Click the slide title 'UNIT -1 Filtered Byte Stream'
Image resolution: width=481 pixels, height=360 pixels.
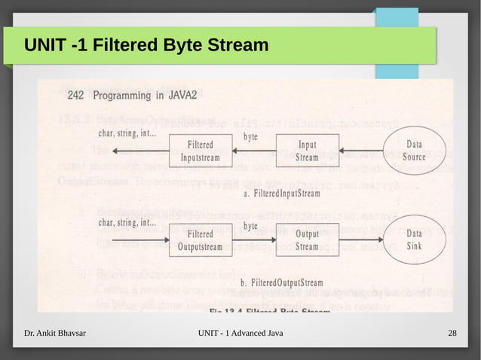point(146,47)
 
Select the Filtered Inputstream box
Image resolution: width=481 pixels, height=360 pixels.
point(200,151)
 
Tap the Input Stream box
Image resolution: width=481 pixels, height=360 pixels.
point(307,151)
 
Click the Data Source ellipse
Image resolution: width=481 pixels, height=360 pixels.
point(414,151)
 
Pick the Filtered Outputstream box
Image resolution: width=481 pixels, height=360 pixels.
point(200,240)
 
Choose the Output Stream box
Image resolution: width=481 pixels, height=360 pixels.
point(307,240)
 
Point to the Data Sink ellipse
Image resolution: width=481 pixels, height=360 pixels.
point(414,239)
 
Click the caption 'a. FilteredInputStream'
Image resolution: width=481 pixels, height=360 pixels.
point(282,194)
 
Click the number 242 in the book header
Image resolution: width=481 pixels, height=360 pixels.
point(75,96)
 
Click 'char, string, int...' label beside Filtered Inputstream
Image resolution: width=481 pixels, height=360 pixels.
point(127,134)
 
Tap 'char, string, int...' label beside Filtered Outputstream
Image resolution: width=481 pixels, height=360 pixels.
point(127,222)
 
